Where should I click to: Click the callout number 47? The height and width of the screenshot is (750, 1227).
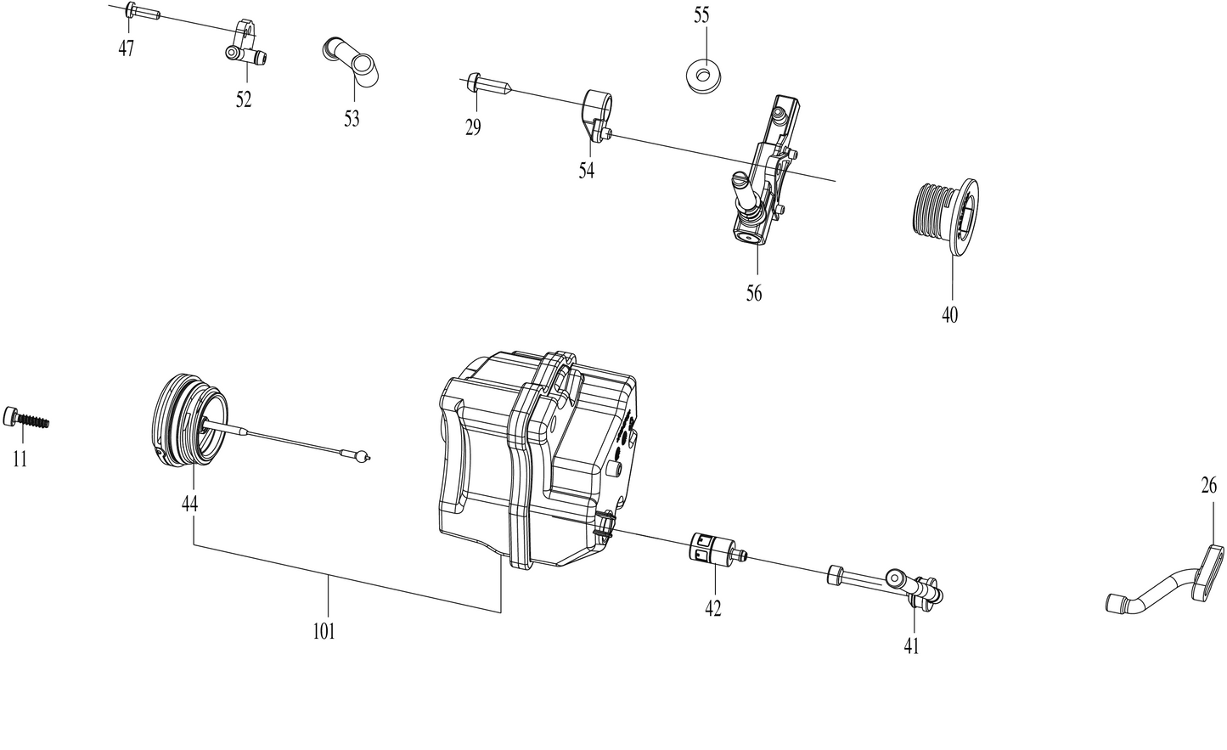(x=126, y=48)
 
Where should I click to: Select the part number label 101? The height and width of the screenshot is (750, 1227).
(x=324, y=631)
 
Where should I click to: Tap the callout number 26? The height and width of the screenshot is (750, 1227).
(x=1208, y=486)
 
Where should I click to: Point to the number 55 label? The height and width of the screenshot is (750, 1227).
(x=701, y=15)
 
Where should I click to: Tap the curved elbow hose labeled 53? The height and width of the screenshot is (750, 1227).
(x=351, y=62)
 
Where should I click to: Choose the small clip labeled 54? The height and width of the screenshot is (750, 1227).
(x=597, y=113)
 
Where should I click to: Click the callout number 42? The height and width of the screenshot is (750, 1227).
(x=712, y=608)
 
